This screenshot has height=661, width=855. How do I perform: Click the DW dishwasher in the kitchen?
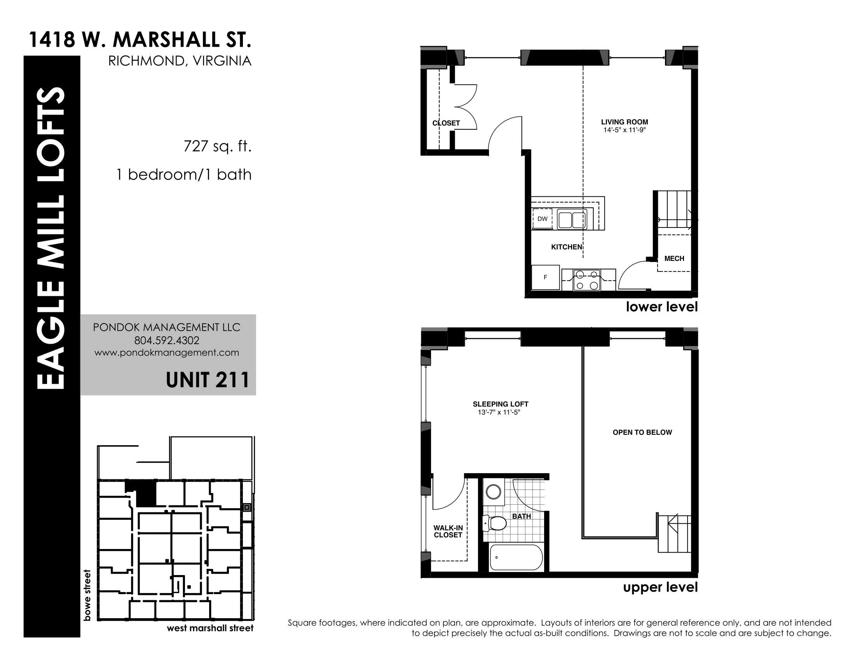542,219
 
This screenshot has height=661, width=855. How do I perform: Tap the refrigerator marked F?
545,277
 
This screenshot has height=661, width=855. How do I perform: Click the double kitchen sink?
572,219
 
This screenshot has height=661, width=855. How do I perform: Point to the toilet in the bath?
494,523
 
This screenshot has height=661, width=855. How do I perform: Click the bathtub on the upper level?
516,558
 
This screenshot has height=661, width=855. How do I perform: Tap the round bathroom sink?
493,492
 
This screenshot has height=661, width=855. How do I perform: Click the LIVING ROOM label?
625,122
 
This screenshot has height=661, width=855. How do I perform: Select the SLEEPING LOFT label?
500,404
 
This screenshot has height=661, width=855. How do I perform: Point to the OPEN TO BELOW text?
642,432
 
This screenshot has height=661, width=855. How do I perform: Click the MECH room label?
674,259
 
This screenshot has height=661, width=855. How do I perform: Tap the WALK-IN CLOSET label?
448,532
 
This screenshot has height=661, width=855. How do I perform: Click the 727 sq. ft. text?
217,146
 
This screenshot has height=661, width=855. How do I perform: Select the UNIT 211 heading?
208,380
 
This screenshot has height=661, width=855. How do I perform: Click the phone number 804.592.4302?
167,340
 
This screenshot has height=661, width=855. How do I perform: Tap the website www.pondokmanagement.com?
167,352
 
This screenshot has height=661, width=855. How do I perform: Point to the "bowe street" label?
87,595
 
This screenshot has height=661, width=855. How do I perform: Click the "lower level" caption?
661,307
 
